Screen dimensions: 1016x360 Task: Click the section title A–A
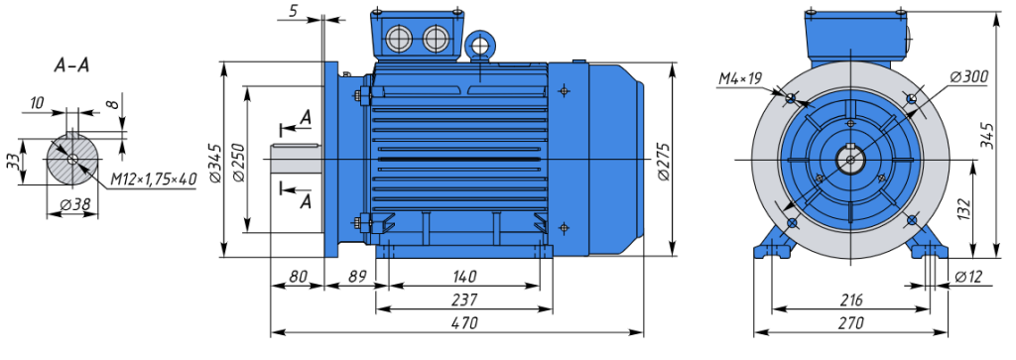(x=71, y=66)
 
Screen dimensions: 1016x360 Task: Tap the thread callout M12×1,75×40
(x=153, y=180)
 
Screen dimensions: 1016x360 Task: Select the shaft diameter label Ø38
(x=74, y=204)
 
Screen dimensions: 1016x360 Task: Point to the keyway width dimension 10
(x=37, y=102)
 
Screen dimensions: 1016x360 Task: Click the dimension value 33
(x=13, y=162)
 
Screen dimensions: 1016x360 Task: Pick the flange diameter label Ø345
(x=216, y=163)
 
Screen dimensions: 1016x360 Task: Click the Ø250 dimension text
(x=239, y=162)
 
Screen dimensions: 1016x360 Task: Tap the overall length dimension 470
(x=464, y=322)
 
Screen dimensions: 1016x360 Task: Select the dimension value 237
(x=464, y=300)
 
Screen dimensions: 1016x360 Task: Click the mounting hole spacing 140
(x=464, y=277)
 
